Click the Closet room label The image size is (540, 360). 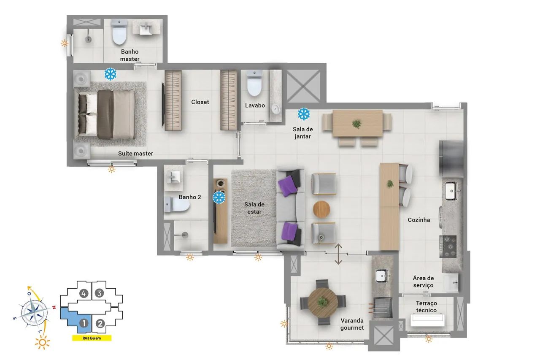(x=200, y=102)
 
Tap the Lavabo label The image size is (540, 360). (x=255, y=106)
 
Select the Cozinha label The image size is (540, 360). (x=419, y=220)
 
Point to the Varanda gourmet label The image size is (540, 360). (x=352, y=324)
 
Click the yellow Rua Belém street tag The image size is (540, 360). (x=92, y=338)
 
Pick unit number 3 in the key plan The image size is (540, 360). (x=99, y=293)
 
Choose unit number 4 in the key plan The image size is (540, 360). (x=84, y=293)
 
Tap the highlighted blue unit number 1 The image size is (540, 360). (x=84, y=323)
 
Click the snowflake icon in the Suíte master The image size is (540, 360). (x=110, y=74)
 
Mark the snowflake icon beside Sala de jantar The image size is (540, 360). (x=304, y=114)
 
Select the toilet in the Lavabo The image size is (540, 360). (x=254, y=83)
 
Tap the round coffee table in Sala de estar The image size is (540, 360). (x=321, y=209)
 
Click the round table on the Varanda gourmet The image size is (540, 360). (x=323, y=302)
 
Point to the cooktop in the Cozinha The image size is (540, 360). (x=448, y=246)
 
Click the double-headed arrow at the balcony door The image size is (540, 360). (x=338, y=254)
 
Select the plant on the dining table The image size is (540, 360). (x=356, y=124)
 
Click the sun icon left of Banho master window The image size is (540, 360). (x=65, y=43)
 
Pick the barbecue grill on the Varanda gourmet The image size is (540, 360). (x=382, y=307)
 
